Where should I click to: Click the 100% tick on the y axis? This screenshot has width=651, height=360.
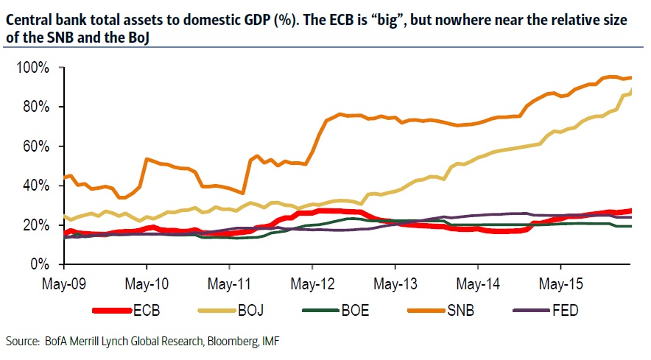coord(33,68)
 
